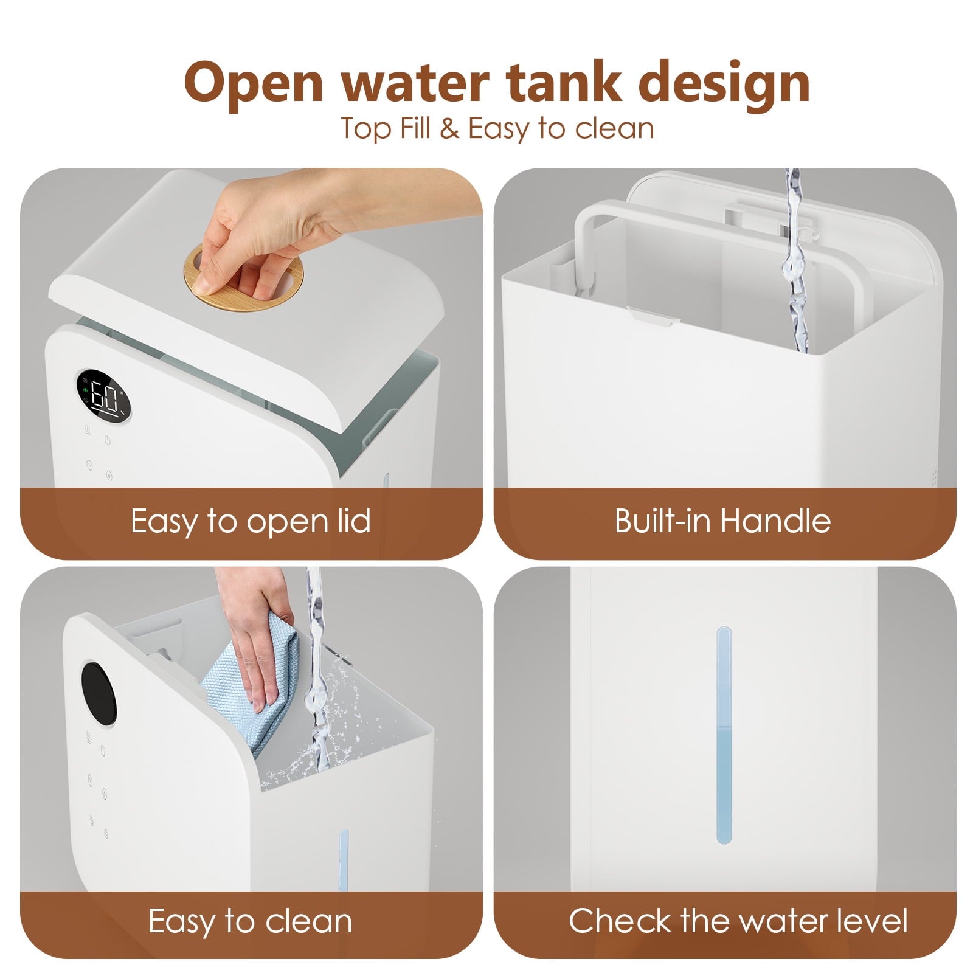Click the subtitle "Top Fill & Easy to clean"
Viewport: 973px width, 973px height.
[x=497, y=128]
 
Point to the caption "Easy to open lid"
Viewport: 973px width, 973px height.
[x=251, y=521]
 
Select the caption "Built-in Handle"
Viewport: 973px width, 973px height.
[x=722, y=521]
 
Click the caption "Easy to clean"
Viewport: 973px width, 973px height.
[x=251, y=921]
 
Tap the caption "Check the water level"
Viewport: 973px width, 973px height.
[x=738, y=921]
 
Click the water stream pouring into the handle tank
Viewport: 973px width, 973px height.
[x=794, y=261]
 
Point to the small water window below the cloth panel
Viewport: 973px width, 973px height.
[x=344, y=860]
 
